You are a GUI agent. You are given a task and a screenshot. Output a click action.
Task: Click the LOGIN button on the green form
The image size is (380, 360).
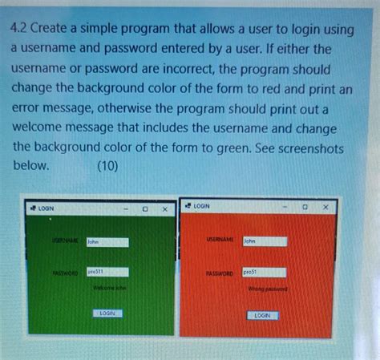pyautogui.click(x=107, y=313)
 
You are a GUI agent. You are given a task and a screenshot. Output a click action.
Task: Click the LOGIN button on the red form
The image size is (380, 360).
pyautogui.click(x=261, y=315)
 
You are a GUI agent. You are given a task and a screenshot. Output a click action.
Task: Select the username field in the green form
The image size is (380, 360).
pyautogui.click(x=107, y=241)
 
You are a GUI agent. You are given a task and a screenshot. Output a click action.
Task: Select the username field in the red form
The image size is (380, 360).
pyautogui.click(x=264, y=241)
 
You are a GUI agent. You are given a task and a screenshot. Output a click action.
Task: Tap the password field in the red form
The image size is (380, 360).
pyautogui.click(x=263, y=273)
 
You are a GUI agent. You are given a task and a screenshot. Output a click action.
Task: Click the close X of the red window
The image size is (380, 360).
pyautogui.click(x=325, y=207)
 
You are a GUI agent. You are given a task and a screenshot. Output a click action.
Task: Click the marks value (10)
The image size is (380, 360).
pyautogui.click(x=107, y=166)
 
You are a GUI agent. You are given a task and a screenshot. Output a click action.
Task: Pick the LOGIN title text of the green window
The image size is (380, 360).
pyautogui.click(x=46, y=208)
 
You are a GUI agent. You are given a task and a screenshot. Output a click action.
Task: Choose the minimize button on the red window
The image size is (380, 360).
pyautogui.click(x=284, y=207)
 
